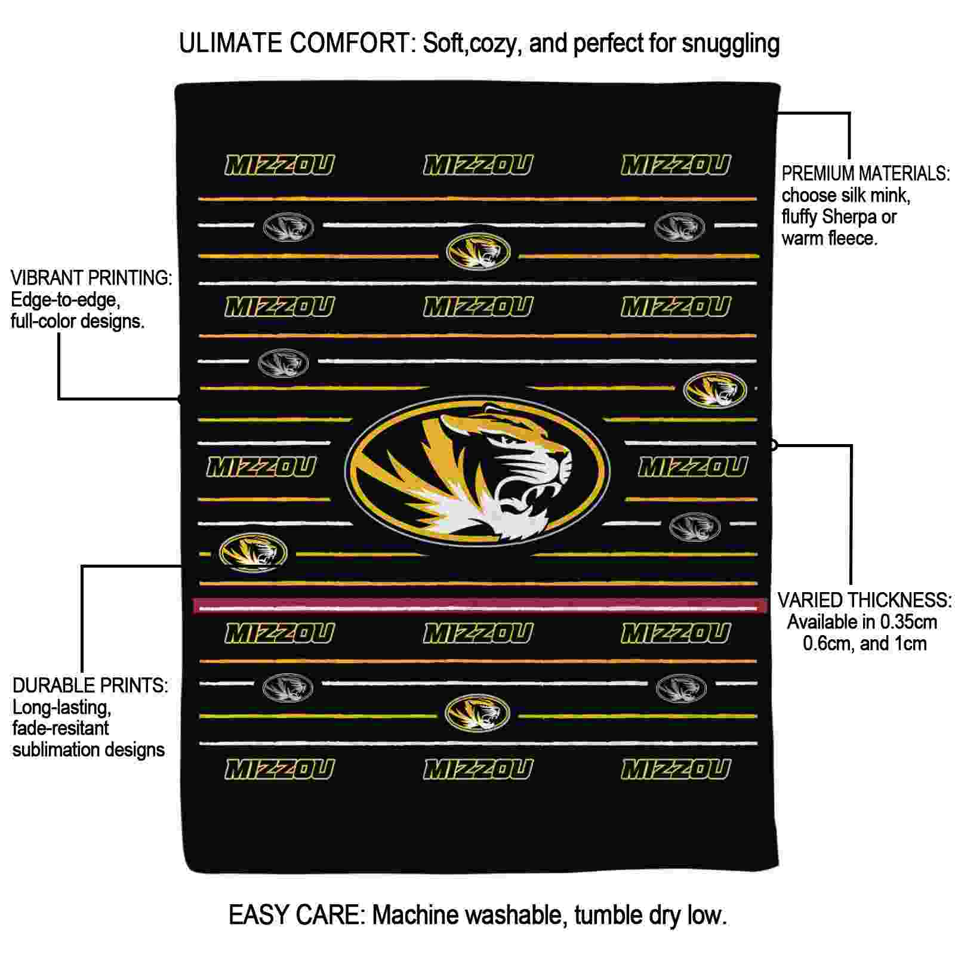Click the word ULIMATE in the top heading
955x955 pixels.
(230, 44)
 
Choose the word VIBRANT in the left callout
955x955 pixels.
(47, 278)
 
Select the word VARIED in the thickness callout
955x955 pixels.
(810, 600)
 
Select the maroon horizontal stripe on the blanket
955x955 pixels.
(480, 605)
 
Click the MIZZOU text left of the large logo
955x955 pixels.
(261, 467)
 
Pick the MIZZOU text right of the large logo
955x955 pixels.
(693, 467)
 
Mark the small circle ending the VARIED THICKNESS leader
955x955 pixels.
(774, 445)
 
